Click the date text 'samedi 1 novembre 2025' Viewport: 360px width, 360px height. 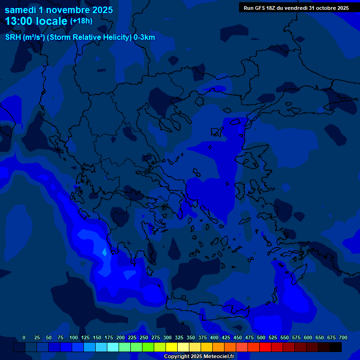[59, 10]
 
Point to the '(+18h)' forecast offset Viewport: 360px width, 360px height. [81, 21]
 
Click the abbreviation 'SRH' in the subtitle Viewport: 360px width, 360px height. [13, 37]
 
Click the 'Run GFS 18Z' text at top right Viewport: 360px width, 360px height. [262, 8]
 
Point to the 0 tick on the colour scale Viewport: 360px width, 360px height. [24, 338]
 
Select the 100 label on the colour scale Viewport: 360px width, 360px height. [74, 338]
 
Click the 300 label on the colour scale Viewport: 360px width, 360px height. [167, 338]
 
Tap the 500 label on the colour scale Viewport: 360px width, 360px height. [261, 338]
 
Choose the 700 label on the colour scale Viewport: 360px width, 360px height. [343, 338]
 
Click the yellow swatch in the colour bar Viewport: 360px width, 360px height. [172, 347]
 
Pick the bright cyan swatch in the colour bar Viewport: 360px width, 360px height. [113, 347]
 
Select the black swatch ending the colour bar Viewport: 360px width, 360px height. [336, 347]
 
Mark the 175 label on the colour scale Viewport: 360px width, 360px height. [109, 338]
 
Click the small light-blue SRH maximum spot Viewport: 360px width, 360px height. [104, 253]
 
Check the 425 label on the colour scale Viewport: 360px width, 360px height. [226, 338]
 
